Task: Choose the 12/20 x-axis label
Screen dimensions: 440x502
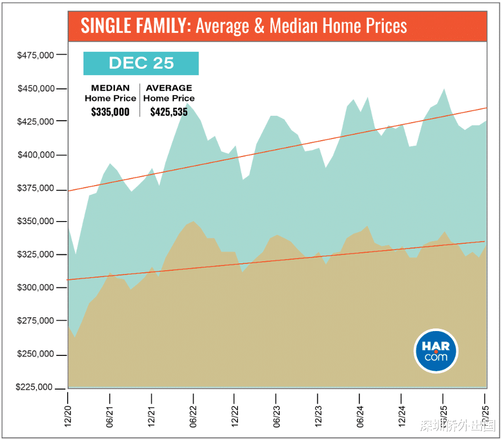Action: click(68, 414)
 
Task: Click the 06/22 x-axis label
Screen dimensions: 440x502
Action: click(193, 414)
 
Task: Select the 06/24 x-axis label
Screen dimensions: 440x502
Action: click(360, 414)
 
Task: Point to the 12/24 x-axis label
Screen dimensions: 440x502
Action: click(402, 414)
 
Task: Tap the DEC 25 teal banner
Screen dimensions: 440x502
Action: click(141, 63)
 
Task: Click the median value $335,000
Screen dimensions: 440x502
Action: click(110, 112)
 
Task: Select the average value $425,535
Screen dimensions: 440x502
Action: click(169, 112)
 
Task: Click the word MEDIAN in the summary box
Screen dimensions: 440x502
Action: click(110, 88)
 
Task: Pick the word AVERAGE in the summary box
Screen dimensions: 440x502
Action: click(169, 88)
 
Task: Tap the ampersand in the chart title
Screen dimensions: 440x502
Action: click(260, 26)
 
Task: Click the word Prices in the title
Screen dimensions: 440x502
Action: click(387, 26)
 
